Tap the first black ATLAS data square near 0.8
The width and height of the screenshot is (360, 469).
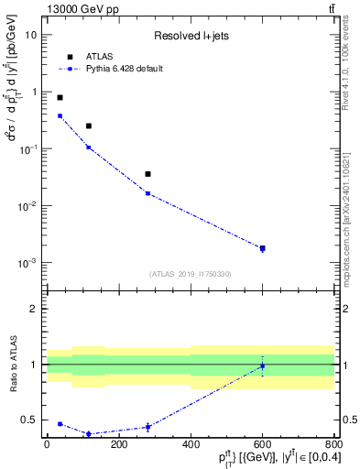click(x=60, y=97)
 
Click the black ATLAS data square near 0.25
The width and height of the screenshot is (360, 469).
click(x=89, y=125)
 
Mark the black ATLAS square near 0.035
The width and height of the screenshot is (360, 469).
click(x=147, y=174)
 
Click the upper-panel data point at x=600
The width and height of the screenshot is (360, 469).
click(x=262, y=248)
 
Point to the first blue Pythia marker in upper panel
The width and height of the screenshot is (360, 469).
click(x=60, y=115)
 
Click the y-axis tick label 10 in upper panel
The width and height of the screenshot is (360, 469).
click(x=32, y=35)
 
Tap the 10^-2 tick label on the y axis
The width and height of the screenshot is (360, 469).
click(x=28, y=206)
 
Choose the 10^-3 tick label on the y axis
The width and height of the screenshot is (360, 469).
click(x=28, y=263)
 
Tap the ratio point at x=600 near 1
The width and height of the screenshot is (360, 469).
click(x=262, y=365)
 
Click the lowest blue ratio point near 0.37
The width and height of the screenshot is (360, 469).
click(x=89, y=434)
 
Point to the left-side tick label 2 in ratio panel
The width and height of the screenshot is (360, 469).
click(x=35, y=309)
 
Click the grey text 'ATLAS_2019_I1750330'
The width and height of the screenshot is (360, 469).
click(x=190, y=274)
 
